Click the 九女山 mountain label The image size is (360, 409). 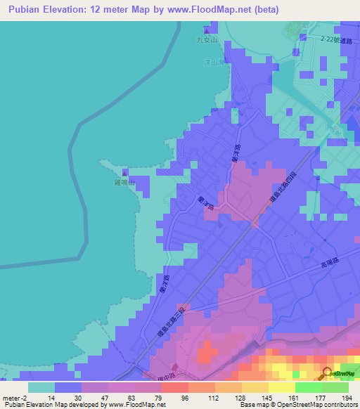[208, 40]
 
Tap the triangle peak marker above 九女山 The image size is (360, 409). [207, 30]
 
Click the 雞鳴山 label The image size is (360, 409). [124, 182]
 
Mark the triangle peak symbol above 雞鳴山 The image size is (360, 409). [125, 172]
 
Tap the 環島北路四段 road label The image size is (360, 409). [284, 192]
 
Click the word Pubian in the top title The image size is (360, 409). [30, 10]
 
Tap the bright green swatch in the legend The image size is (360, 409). [309, 387]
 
